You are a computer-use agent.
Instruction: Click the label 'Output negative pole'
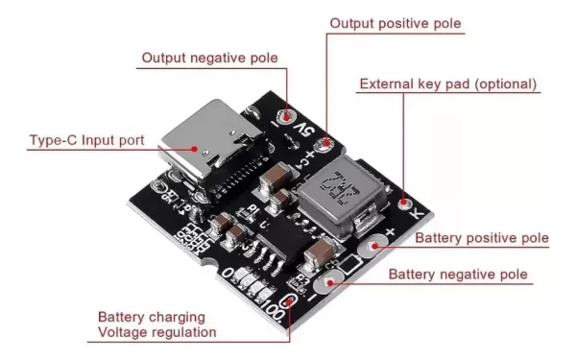(210, 58)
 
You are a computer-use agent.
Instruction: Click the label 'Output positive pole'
(395, 22)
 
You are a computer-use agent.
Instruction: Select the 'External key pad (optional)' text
(448, 84)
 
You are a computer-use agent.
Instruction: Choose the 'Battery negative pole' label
(458, 275)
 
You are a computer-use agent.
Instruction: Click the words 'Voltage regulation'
(157, 332)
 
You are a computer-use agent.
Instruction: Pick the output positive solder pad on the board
(327, 145)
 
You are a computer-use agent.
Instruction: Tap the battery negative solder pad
(329, 283)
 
